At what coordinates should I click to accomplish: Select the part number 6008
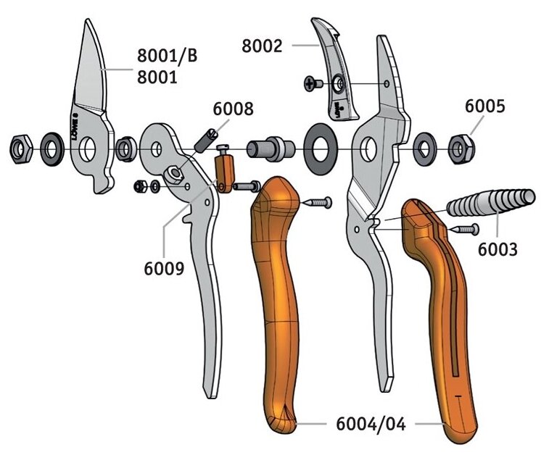[x=233, y=109]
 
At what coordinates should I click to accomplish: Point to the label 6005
[x=484, y=105]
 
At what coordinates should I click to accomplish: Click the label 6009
[x=163, y=268]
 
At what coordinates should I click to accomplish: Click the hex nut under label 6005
[x=458, y=149]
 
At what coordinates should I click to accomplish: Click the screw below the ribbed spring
[x=466, y=229]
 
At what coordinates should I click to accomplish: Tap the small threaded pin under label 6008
[x=207, y=137]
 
